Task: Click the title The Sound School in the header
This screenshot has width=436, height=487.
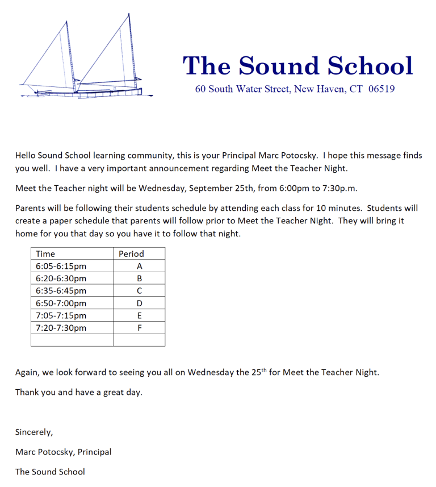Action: pos(297,66)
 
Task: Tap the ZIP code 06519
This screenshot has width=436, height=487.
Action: pos(381,89)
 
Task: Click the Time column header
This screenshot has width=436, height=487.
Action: pos(45,253)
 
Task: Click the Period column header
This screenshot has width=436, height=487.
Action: pos(131,253)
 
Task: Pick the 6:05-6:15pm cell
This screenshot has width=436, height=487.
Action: pos(61,266)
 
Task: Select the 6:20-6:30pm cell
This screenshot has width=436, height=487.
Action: pos(61,278)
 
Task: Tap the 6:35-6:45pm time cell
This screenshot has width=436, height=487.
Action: pos(61,291)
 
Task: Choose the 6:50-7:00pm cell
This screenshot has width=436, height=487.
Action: pos(61,303)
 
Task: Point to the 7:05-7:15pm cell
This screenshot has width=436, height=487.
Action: pos(61,315)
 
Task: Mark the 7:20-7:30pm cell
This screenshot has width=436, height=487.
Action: pos(61,328)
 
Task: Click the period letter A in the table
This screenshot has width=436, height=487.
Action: pos(139,266)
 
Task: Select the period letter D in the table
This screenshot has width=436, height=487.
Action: pos(139,303)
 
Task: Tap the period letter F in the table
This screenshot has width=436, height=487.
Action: pos(139,328)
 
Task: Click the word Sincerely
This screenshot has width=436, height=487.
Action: pos(34,432)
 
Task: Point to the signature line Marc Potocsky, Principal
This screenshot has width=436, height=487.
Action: pos(63,452)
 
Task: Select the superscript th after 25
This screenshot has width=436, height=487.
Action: pos(263,370)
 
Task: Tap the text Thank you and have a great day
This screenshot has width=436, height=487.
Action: pos(78,392)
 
